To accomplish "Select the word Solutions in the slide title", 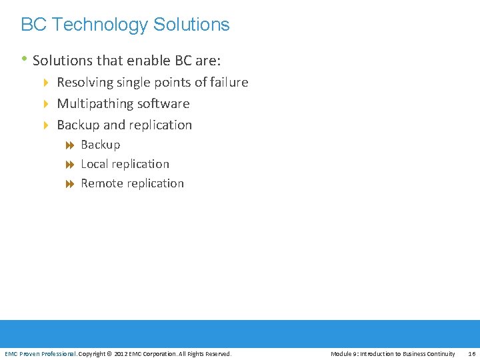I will point(191,25).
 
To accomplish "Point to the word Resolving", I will point(85,83).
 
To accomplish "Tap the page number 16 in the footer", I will point(471,353).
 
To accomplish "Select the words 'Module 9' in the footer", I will point(343,353).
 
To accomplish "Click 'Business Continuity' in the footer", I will point(429,353).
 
